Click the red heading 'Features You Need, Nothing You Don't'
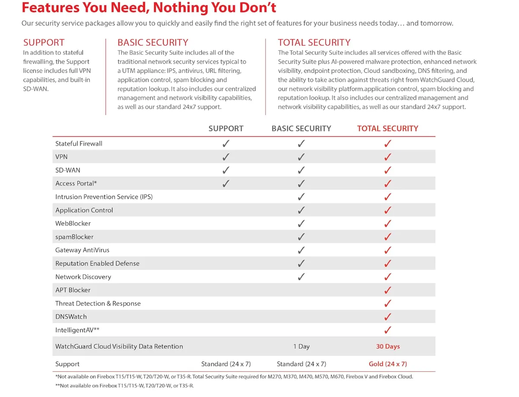[x=149, y=7]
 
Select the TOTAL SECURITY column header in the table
[x=387, y=128]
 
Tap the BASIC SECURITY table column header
[x=301, y=128]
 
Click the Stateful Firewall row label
[x=79, y=144]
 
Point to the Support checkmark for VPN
[x=226, y=157]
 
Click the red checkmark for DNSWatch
[x=388, y=317]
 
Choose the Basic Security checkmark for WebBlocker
[x=301, y=224]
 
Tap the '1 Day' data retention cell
[x=301, y=346]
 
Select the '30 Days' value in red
[x=388, y=346]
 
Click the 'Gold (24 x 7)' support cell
[x=388, y=364]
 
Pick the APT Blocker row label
[x=73, y=290]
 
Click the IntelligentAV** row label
[x=77, y=330]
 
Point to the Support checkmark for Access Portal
[x=226, y=183]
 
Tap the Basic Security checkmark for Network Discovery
[x=301, y=277]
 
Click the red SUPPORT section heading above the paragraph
[x=44, y=42]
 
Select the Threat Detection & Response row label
[x=98, y=303]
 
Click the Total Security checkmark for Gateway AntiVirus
[x=388, y=250]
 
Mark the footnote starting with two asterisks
[x=125, y=386]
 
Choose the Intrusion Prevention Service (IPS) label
[x=104, y=197]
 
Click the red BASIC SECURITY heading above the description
[x=153, y=42]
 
